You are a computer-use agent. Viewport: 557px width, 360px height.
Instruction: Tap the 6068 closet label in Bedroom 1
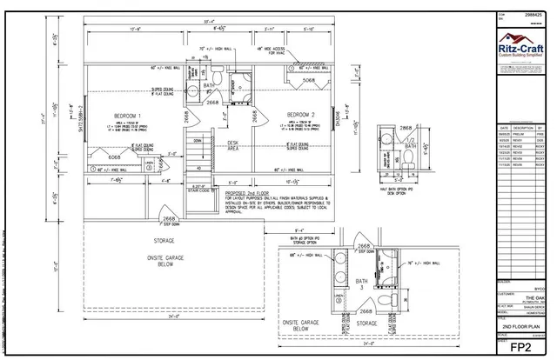click(x=114, y=157)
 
